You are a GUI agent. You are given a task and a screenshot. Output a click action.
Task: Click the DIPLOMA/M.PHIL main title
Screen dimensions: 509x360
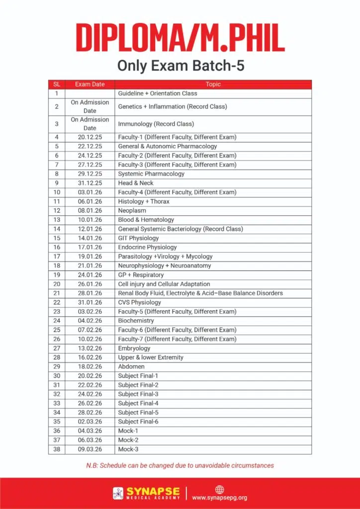point(180,37)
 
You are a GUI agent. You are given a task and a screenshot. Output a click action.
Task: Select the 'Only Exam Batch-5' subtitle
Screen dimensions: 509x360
point(180,66)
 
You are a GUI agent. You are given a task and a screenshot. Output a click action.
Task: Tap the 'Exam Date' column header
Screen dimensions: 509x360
point(90,85)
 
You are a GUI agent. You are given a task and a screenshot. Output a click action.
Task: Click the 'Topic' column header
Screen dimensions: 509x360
point(213,85)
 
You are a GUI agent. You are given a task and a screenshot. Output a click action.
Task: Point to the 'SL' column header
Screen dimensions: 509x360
point(57,85)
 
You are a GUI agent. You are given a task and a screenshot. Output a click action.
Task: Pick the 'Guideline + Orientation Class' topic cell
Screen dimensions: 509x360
point(157,93)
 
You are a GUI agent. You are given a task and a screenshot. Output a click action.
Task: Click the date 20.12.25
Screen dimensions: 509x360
point(90,137)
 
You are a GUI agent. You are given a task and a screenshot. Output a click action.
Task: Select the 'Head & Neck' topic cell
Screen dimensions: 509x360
point(136,183)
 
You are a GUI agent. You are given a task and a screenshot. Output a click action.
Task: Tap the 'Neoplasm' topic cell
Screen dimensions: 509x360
point(132,211)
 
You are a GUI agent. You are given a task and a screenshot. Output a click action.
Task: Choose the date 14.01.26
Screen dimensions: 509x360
point(90,238)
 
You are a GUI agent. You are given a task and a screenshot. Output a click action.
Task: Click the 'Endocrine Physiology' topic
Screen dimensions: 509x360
point(147,247)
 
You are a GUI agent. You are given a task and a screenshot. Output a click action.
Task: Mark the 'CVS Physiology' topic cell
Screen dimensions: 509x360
point(139,302)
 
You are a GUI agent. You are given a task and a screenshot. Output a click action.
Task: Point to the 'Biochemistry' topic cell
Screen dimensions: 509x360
point(136,321)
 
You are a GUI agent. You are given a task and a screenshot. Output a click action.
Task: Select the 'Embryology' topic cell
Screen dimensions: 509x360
point(134,348)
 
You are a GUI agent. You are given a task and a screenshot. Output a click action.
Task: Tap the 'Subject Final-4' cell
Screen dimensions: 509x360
point(138,404)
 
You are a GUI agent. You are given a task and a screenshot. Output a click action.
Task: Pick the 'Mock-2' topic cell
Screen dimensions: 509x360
point(128,440)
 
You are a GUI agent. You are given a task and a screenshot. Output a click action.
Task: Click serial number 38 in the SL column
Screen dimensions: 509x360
point(57,449)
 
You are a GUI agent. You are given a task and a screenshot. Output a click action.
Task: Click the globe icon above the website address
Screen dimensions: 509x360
point(219,489)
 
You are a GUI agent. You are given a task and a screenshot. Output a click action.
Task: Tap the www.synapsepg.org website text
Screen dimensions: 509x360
point(219,498)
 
